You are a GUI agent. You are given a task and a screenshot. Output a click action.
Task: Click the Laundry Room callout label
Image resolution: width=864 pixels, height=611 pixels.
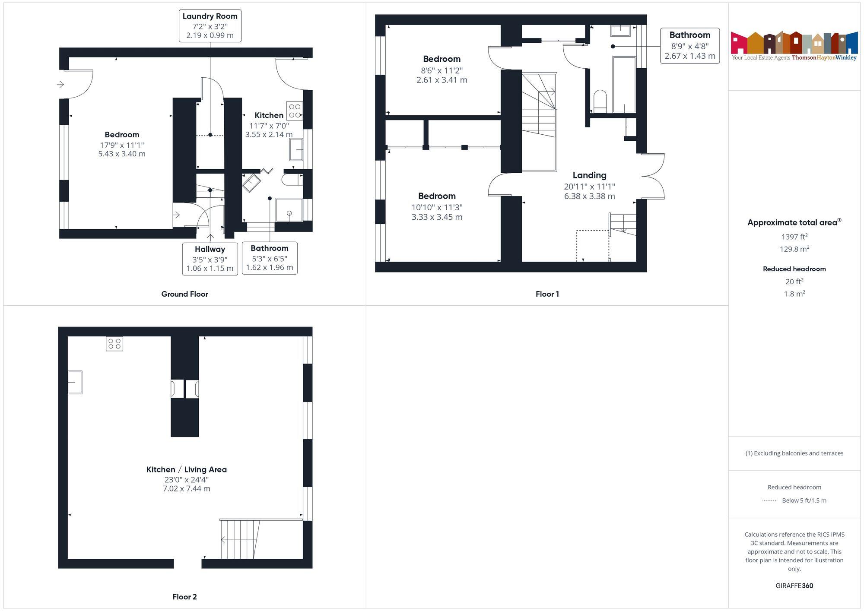click(x=210, y=26)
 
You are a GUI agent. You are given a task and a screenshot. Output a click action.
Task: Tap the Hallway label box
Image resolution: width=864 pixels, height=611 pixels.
click(x=210, y=258)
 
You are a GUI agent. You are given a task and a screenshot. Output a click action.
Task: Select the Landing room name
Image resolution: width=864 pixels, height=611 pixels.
click(x=589, y=175)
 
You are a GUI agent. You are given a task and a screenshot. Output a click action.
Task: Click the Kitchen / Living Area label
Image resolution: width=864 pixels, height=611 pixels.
click(x=186, y=469)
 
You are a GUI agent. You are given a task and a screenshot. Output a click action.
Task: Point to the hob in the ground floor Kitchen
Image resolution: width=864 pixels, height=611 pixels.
click(x=295, y=111)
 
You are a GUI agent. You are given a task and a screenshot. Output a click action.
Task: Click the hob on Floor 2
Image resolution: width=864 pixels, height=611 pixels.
click(x=114, y=344)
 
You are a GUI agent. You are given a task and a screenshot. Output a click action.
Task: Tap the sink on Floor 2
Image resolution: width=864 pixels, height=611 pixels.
click(x=75, y=382)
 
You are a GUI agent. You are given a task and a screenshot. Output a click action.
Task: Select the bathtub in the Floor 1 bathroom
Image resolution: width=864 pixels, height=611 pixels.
click(x=624, y=85)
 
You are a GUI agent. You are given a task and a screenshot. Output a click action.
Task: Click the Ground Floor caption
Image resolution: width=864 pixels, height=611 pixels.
click(x=184, y=294)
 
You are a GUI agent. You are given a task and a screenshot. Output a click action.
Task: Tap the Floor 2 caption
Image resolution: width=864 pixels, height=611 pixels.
click(x=184, y=597)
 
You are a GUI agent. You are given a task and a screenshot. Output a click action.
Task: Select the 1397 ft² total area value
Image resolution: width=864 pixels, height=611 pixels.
click(x=794, y=237)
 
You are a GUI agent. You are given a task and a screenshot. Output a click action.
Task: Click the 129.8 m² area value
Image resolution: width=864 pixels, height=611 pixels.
click(x=794, y=249)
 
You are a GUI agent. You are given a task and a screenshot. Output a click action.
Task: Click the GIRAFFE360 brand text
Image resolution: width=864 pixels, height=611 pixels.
click(x=794, y=586)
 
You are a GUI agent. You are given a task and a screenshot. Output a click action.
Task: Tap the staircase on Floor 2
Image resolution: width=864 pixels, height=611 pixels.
click(x=240, y=539)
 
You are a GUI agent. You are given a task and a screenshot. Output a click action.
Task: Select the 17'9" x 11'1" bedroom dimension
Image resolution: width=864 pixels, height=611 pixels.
click(x=121, y=145)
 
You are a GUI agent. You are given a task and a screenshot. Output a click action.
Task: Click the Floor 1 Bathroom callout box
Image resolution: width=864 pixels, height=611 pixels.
click(x=689, y=45)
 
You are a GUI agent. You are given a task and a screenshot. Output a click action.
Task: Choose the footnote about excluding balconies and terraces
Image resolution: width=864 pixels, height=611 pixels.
click(x=794, y=453)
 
